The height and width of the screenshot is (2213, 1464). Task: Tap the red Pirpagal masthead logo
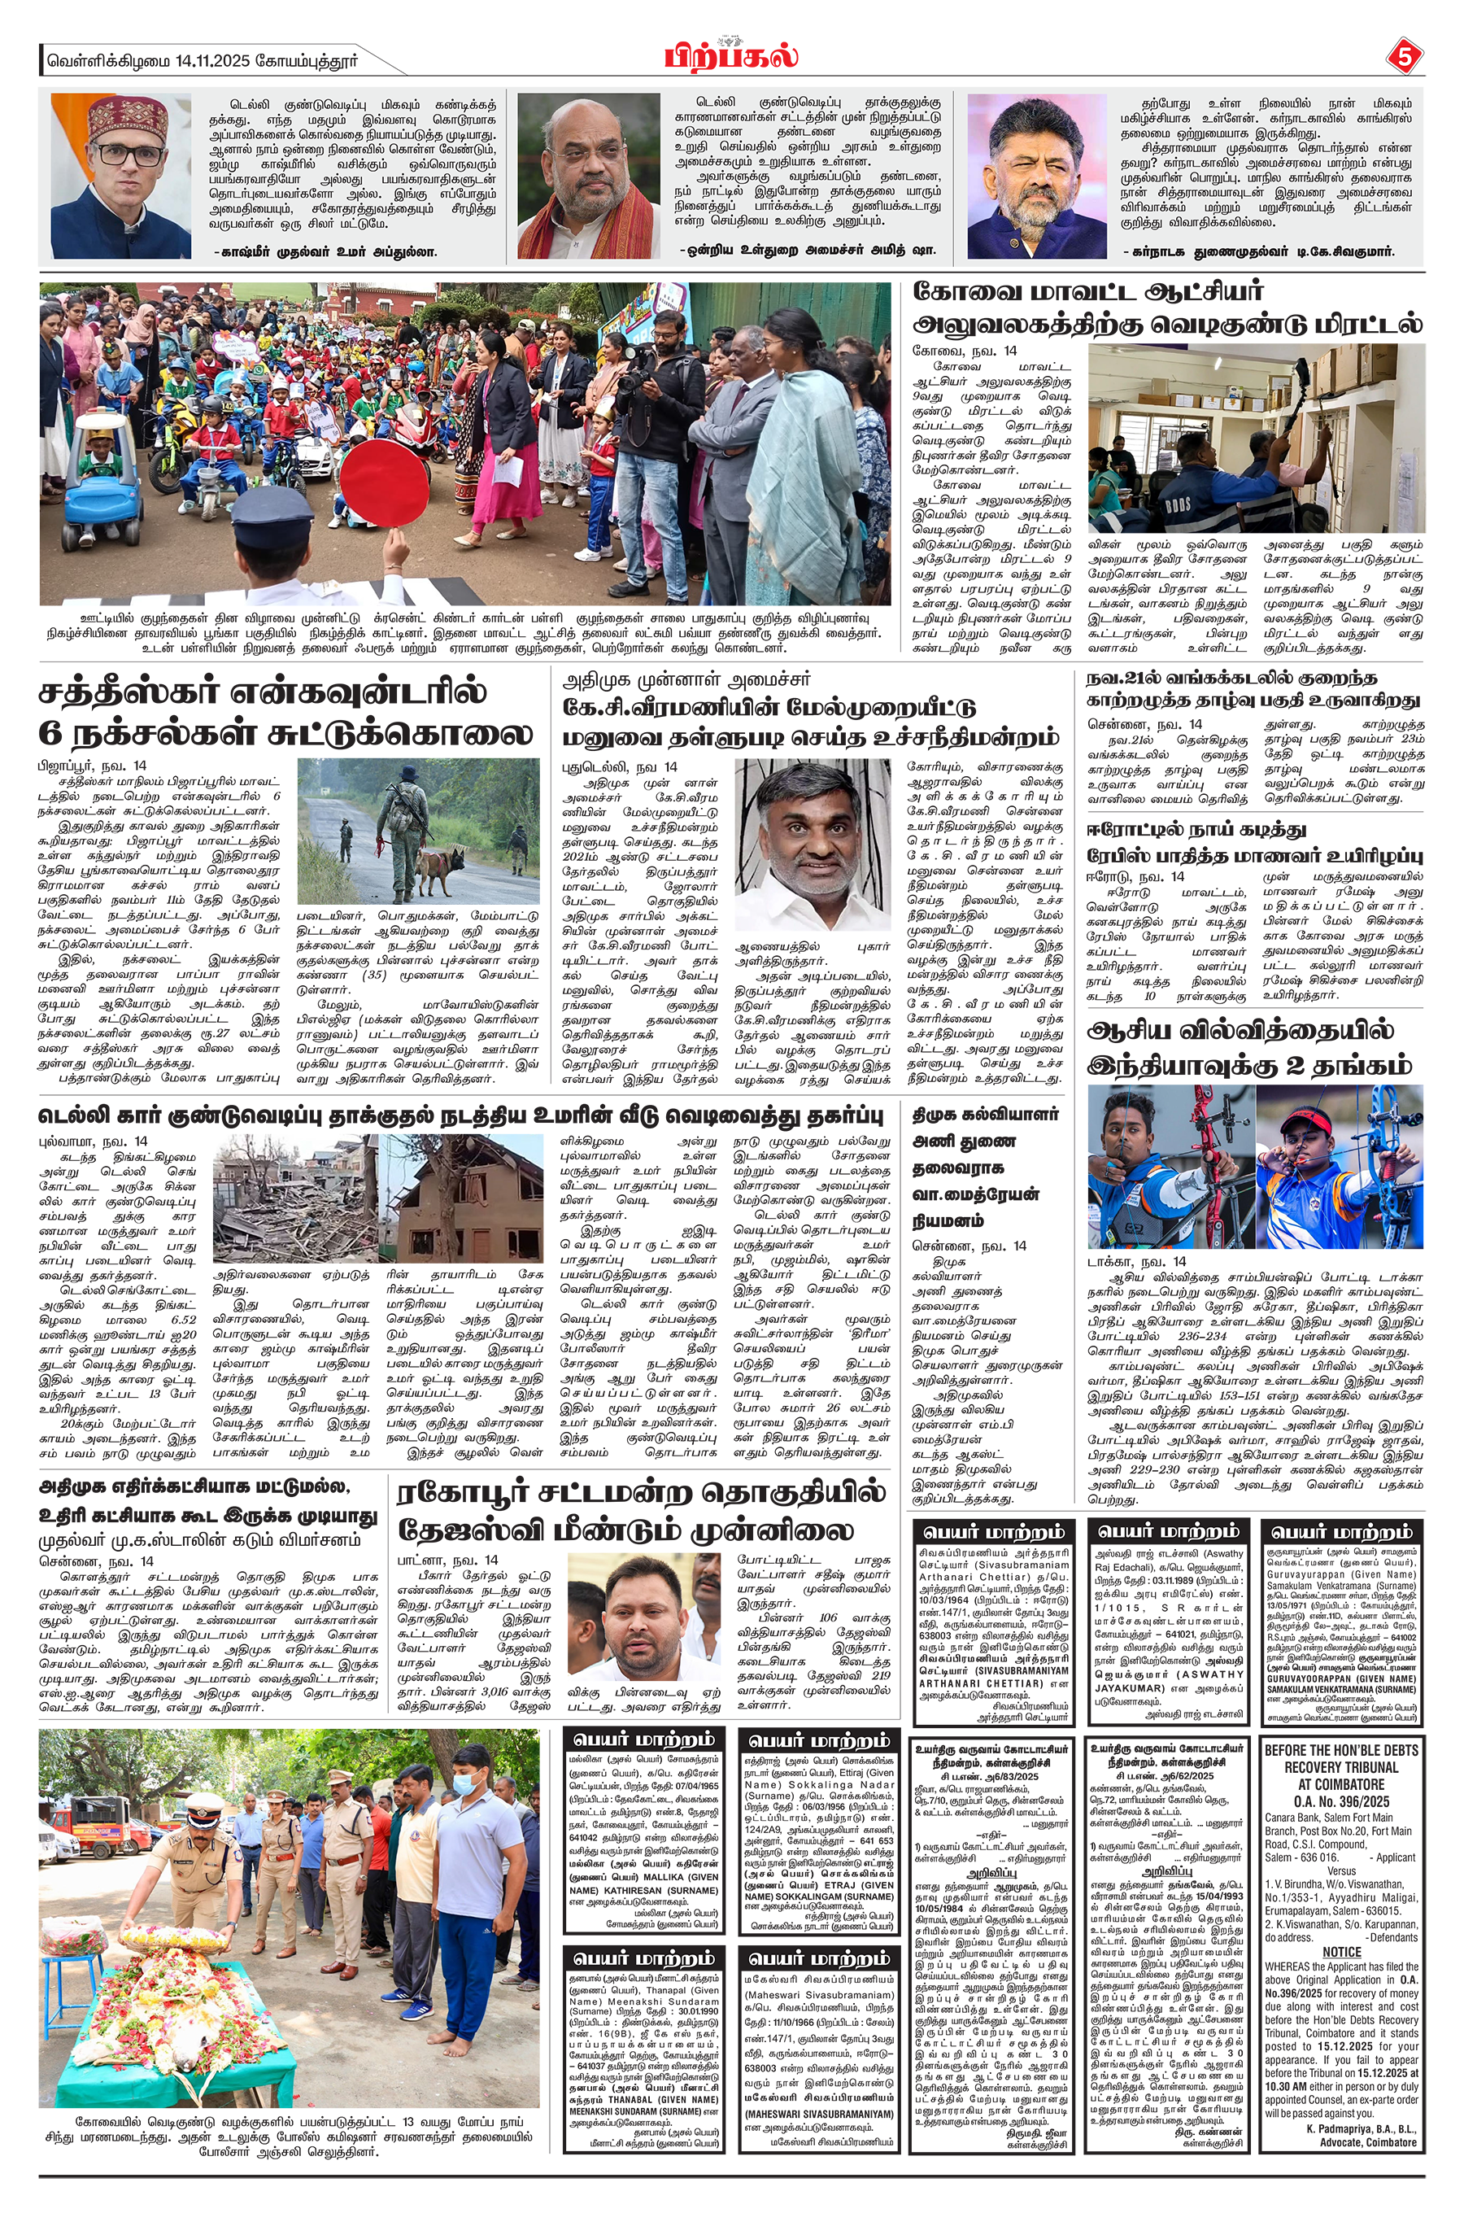[731, 55]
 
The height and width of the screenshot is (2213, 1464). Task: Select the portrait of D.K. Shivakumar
[1036, 177]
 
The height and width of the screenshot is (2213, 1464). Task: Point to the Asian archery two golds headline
[1254, 1048]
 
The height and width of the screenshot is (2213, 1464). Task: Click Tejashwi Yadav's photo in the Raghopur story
[644, 1626]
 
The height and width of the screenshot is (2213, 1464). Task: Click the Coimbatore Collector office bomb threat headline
[1167, 308]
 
